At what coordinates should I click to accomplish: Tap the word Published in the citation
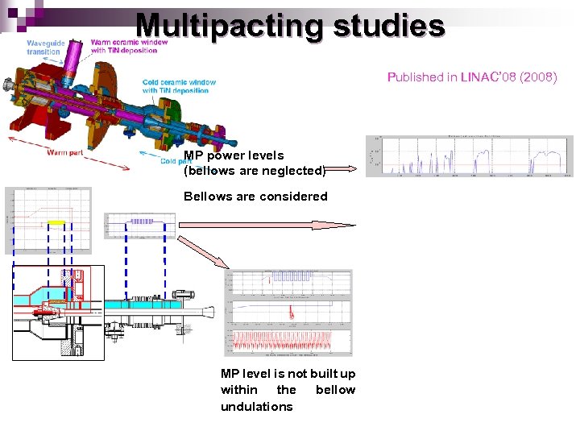(x=415, y=77)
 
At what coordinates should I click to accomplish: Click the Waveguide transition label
(x=43, y=47)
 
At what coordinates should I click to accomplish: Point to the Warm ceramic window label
(x=129, y=46)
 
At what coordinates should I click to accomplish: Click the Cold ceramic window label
(x=179, y=86)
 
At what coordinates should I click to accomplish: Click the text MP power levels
(x=234, y=155)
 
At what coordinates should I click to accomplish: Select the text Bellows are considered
(x=255, y=197)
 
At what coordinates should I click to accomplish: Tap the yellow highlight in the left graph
(x=56, y=222)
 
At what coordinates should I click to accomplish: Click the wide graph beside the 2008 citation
(x=470, y=156)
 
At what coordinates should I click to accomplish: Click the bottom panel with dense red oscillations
(x=289, y=342)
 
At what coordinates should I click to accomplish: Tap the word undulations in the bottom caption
(x=256, y=407)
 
